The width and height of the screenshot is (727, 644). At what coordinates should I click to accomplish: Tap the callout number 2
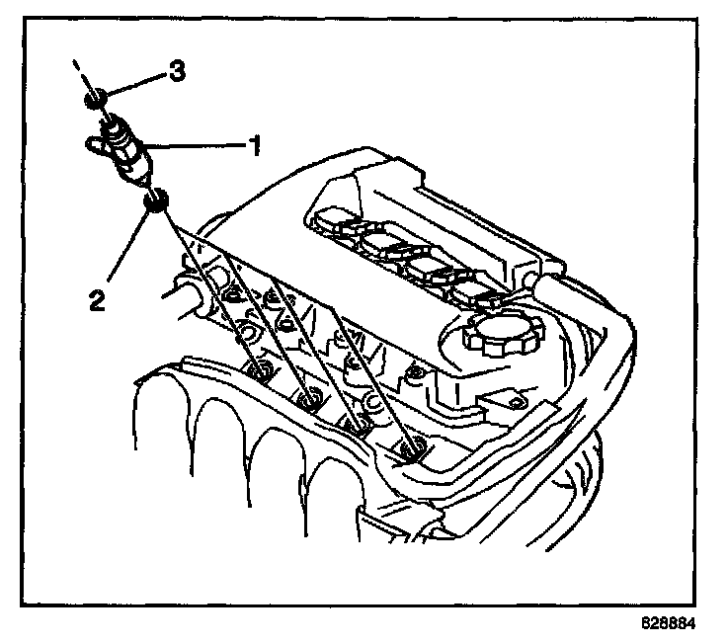click(x=96, y=299)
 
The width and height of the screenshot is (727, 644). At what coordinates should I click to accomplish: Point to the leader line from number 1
click(x=198, y=147)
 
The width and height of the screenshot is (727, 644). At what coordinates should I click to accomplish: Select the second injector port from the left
click(x=309, y=398)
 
